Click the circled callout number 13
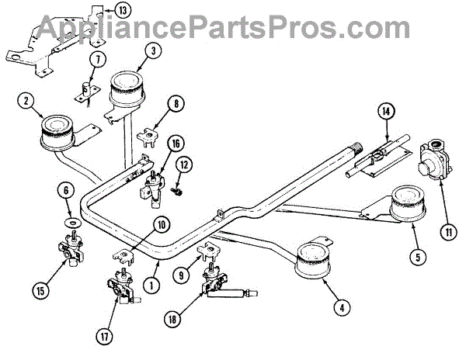click(123, 11)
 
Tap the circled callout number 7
click(96, 59)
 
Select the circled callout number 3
click(154, 49)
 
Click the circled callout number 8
click(177, 102)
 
